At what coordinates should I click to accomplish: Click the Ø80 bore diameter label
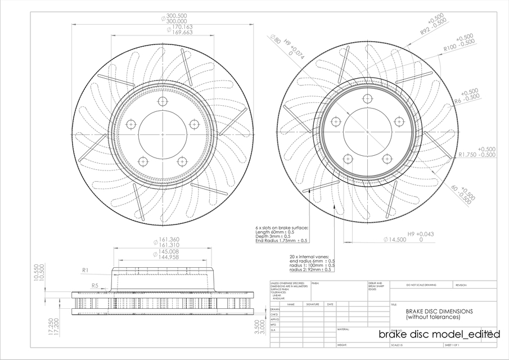point(275,41)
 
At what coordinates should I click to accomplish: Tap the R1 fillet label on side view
point(85,271)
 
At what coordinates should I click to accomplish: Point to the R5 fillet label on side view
point(95,286)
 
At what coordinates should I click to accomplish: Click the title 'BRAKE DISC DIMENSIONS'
point(439,311)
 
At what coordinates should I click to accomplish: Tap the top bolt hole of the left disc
point(163,101)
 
